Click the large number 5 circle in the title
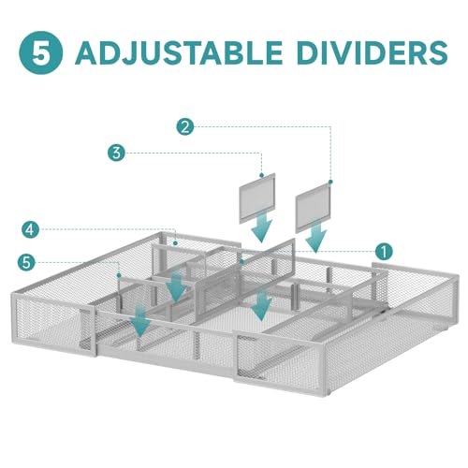point(41,52)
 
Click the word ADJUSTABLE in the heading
point(179,52)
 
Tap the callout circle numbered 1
point(384,251)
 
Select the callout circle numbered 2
point(185,126)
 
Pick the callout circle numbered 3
point(116,153)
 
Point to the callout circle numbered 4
point(30,230)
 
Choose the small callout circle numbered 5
point(26,262)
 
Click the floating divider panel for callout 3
point(257,198)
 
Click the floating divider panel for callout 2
point(313,208)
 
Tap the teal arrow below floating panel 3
point(261,227)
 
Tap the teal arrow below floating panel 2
point(316,237)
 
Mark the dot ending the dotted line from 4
point(176,243)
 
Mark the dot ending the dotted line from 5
point(119,275)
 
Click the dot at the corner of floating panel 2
point(330,182)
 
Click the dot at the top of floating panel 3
point(261,175)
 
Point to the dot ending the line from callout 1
point(241,262)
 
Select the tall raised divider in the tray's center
point(245,271)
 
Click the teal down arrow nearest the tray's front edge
point(141,321)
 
